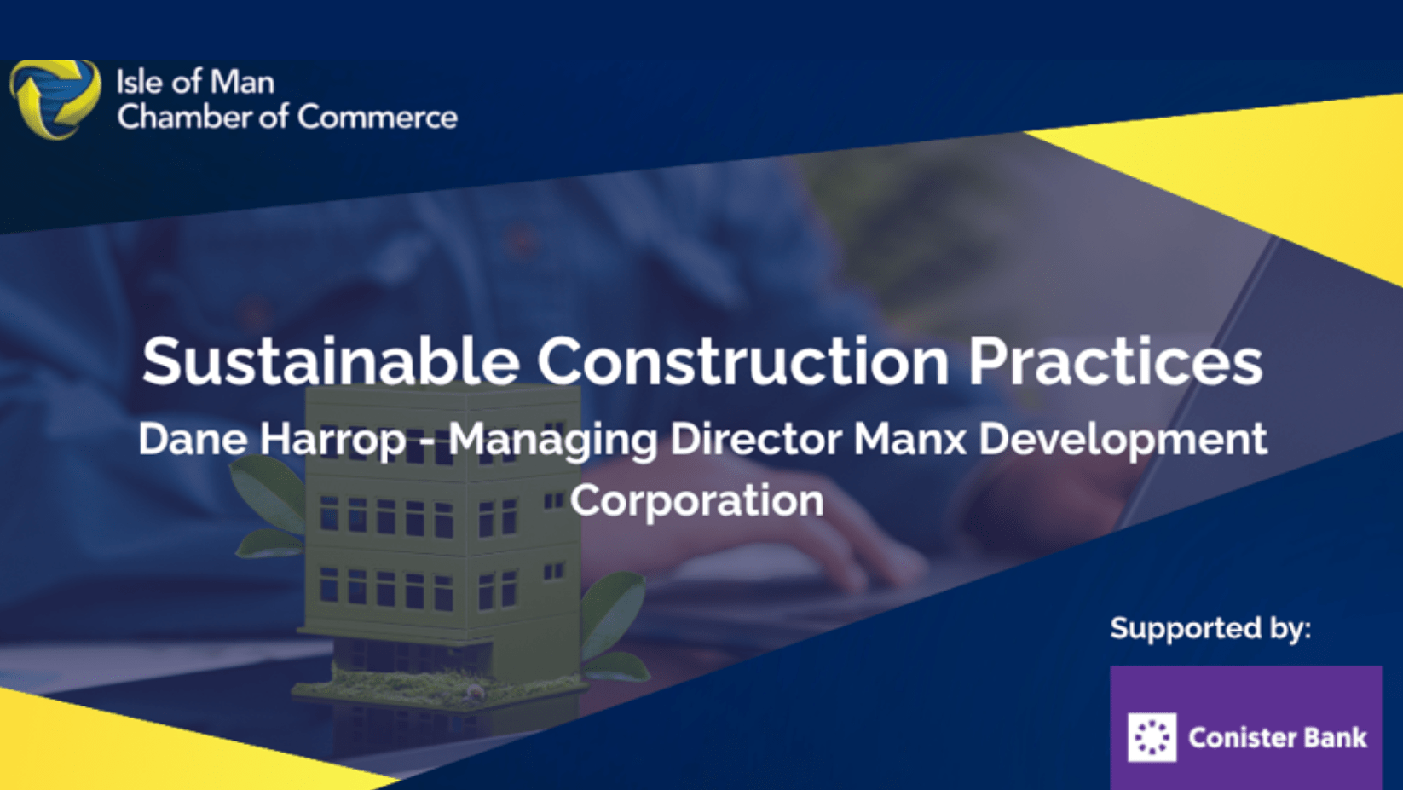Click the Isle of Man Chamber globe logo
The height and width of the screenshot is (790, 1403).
pyautogui.click(x=55, y=99)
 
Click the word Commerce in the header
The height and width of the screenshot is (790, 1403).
pyautogui.click(x=377, y=117)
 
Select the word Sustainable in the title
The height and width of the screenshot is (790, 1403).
pyautogui.click(x=331, y=362)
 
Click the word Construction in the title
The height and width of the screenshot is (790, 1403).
pyautogui.click(x=742, y=362)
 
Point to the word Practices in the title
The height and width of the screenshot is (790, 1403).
pyautogui.click(x=1116, y=362)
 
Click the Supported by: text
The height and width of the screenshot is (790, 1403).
pyautogui.click(x=1210, y=629)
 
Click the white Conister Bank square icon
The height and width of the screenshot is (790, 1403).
pyautogui.click(x=1152, y=737)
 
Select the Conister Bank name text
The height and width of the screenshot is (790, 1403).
pyautogui.click(x=1277, y=737)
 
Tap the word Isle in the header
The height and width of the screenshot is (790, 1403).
pyautogui.click(x=141, y=82)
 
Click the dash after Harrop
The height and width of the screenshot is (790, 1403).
pyautogui.click(x=427, y=443)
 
